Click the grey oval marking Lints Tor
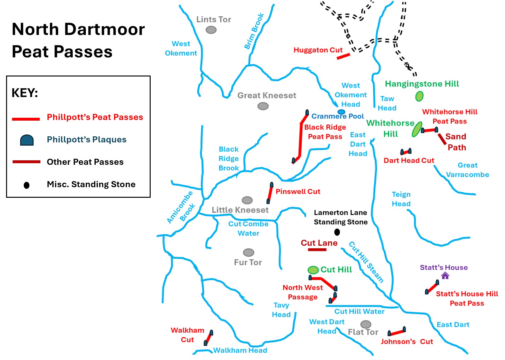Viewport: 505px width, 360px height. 211,30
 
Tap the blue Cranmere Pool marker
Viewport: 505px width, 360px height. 341,112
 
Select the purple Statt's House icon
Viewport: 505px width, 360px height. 445,276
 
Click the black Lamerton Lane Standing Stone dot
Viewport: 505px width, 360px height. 337,232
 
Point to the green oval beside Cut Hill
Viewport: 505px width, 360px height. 313,270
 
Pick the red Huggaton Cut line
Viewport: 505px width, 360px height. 343,56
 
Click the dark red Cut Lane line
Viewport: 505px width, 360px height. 317,250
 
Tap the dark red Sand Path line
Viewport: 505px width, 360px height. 442,139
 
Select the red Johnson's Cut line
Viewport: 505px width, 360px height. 397,332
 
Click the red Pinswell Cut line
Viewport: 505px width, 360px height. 270,193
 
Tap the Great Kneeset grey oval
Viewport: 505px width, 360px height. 263,106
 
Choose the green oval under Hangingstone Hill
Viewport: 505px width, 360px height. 419,96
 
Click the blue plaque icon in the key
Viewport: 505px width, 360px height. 27,140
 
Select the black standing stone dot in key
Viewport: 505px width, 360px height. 27,185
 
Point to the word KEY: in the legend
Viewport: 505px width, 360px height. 25,93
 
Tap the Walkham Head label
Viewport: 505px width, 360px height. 240,350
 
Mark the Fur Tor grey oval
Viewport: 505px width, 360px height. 249,252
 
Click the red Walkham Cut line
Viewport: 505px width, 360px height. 209,338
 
